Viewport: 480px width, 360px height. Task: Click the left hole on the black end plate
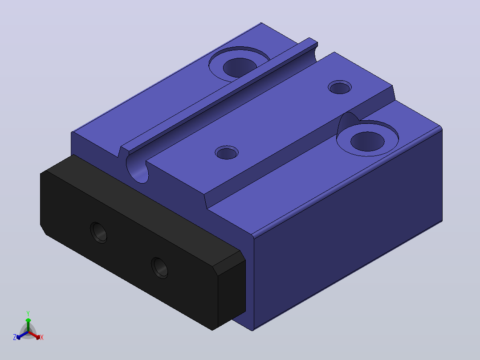[98, 233]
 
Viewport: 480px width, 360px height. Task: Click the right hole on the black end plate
[159, 268]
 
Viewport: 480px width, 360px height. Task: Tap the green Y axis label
[28, 313]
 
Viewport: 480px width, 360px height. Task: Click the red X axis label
[42, 337]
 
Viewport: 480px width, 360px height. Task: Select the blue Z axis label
[15, 337]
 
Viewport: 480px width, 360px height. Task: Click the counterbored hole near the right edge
[367, 139]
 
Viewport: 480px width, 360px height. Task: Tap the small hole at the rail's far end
[339, 87]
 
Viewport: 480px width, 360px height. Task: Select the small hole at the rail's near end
[227, 152]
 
